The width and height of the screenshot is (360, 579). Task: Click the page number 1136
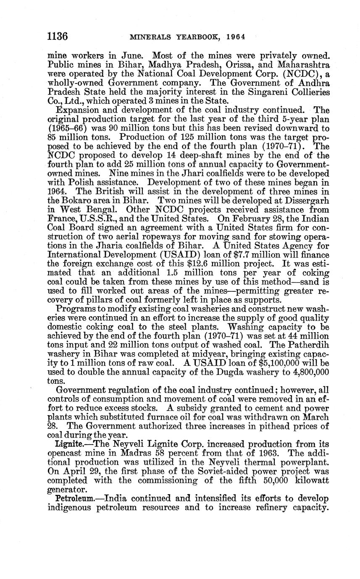click(57, 37)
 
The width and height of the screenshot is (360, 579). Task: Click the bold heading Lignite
click(68, 444)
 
